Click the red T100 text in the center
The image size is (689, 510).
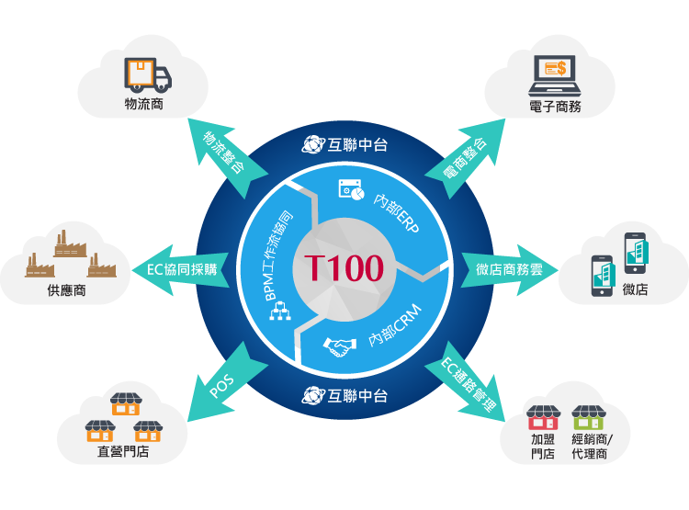(344, 268)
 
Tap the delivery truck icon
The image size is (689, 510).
(147, 75)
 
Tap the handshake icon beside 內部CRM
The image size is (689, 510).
(340, 347)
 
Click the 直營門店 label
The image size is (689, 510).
(123, 451)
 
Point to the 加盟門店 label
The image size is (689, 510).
(542, 446)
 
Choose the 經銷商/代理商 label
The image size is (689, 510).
(589, 446)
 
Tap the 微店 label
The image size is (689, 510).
(635, 289)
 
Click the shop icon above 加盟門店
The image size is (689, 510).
(542, 418)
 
